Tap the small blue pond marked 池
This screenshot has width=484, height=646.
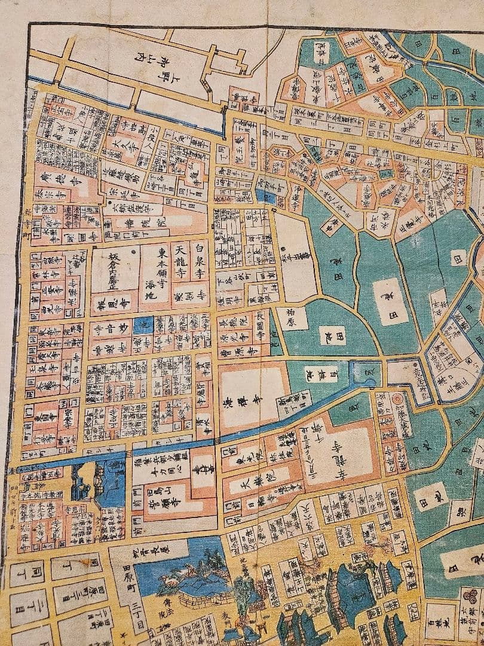click(x=143, y=326)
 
